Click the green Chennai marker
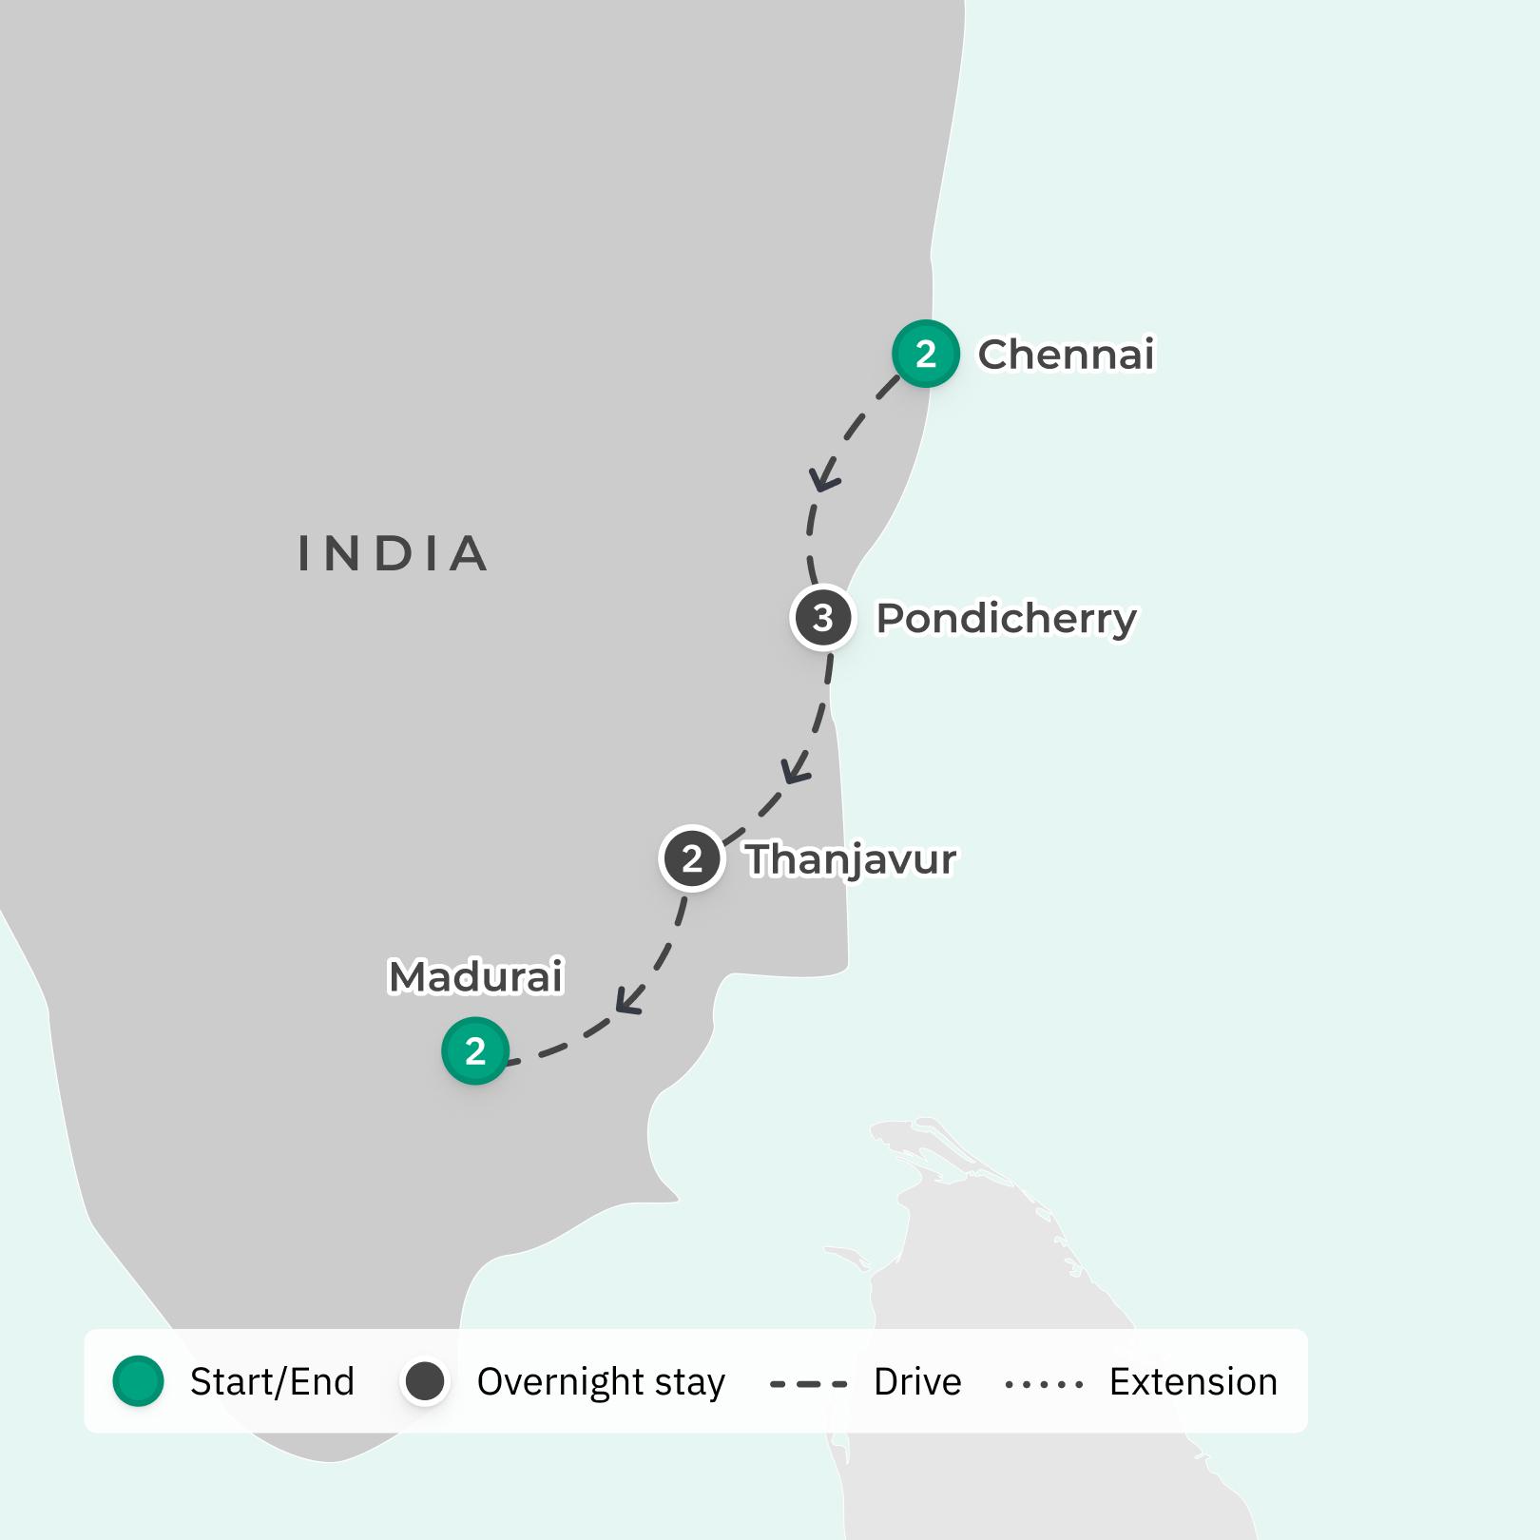pyautogui.click(x=925, y=354)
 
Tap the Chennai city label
pyautogui.click(x=1066, y=355)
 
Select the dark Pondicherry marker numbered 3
pyautogui.click(x=823, y=618)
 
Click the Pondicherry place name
pyautogui.click(x=1006, y=619)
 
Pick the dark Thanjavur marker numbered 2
pyautogui.click(x=692, y=858)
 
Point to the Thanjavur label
pyautogui.click(x=851, y=860)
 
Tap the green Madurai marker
pyautogui.click(x=475, y=1050)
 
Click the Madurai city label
pyautogui.click(x=476, y=976)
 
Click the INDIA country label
pyautogui.click(x=394, y=554)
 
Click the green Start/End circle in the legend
pyautogui.click(x=139, y=1381)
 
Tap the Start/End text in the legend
pyautogui.click(x=272, y=1382)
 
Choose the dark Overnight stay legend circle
pyautogui.click(x=425, y=1381)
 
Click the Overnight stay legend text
pyautogui.click(x=601, y=1382)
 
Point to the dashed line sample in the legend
pyautogui.click(x=808, y=1384)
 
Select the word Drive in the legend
pyautogui.click(x=917, y=1382)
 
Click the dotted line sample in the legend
pyautogui.click(x=1044, y=1384)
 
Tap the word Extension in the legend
pyautogui.click(x=1193, y=1382)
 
